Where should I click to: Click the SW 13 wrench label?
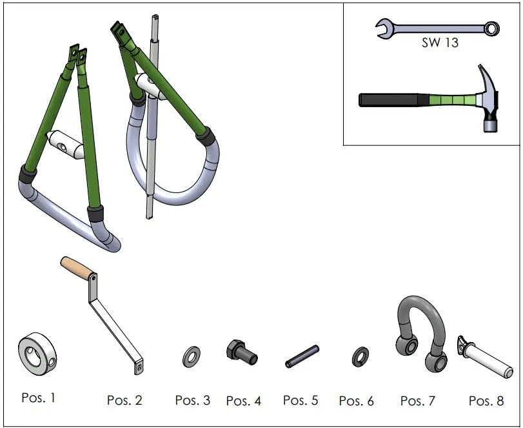click(440, 43)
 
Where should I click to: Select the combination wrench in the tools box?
click(439, 28)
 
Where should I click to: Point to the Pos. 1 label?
click(38, 398)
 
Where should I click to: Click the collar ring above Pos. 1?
click(37, 354)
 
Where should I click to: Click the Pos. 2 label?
click(124, 401)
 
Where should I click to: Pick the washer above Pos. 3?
click(192, 356)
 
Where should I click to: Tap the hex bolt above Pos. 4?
click(241, 352)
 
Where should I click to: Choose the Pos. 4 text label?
click(243, 402)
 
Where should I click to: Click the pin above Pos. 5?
click(302, 356)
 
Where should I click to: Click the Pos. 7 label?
click(417, 402)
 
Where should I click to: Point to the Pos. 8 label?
click(486, 402)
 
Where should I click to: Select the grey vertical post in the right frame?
click(152, 129)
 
